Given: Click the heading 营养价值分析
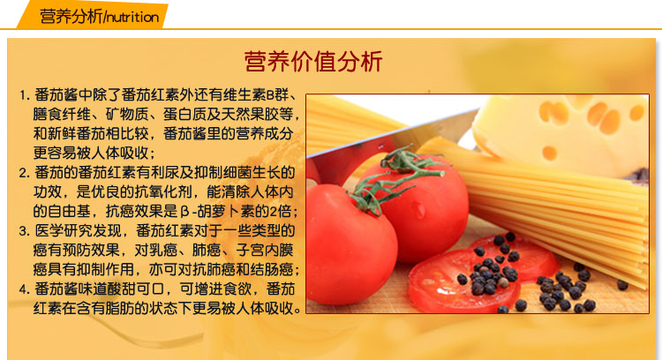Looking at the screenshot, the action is pos(313,62).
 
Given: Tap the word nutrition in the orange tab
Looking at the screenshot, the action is pos(133,18).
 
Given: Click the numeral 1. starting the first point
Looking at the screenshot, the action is pos(25,95).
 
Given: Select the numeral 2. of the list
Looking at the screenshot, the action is pos(25,173).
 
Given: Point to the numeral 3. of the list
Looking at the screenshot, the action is pos(25,231).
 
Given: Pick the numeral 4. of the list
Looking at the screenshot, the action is pos(25,289).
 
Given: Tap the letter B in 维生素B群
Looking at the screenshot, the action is pos(270,95).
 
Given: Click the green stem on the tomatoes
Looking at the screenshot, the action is pos(390,177).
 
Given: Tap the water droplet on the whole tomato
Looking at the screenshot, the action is pos(419,210).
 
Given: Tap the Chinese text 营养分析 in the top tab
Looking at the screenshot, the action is pos(71,17).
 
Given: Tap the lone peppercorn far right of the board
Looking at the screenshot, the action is pos(623,285).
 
